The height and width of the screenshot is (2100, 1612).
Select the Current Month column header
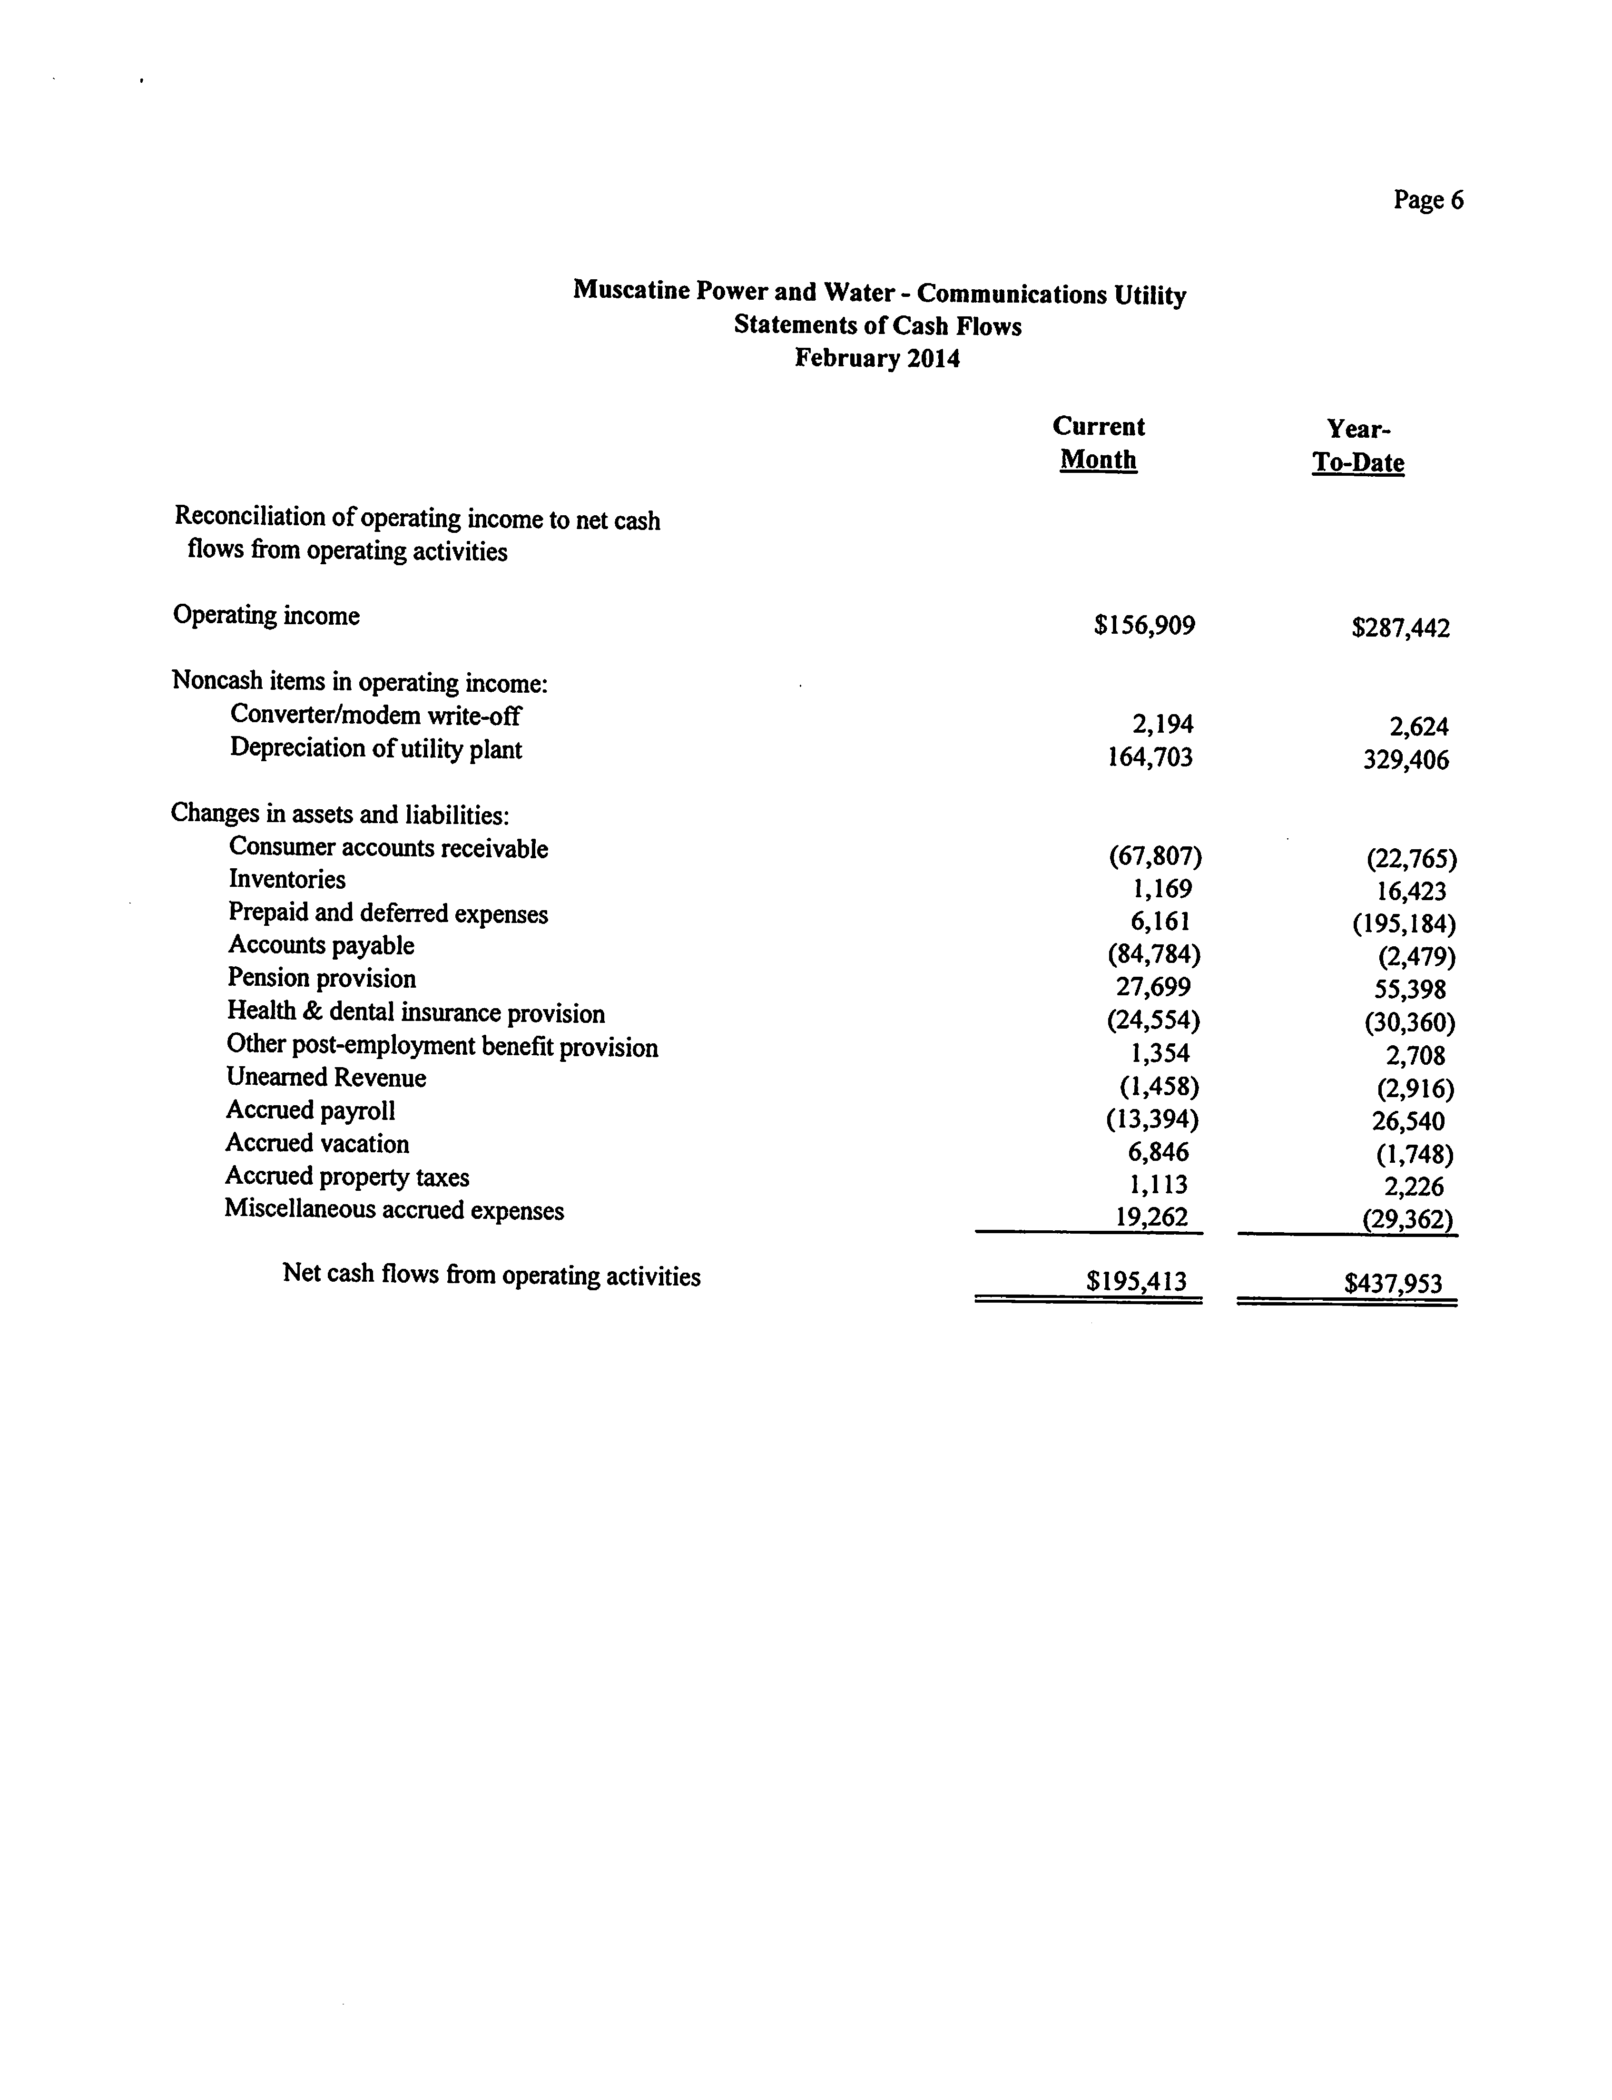[x=1099, y=443]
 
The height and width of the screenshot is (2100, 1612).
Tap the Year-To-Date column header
[x=1358, y=446]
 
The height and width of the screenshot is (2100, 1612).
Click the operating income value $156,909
[x=1144, y=627]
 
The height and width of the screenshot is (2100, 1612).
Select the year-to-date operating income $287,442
[x=1400, y=628]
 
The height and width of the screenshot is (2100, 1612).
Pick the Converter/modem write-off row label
[x=375, y=716]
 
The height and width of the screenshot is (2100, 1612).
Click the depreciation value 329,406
[x=1406, y=761]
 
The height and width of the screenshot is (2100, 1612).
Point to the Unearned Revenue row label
[x=326, y=1078]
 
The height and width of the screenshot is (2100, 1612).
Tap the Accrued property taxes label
[x=347, y=1177]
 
